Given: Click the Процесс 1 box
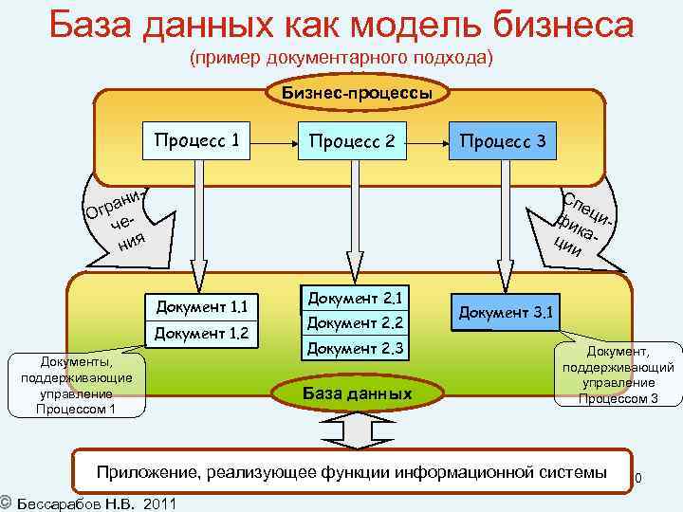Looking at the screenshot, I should tap(197, 142).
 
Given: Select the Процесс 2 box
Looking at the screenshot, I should tap(351, 142).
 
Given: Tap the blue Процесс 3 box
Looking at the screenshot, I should tap(502, 142).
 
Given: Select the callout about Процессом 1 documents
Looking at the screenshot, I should tap(75, 387).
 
